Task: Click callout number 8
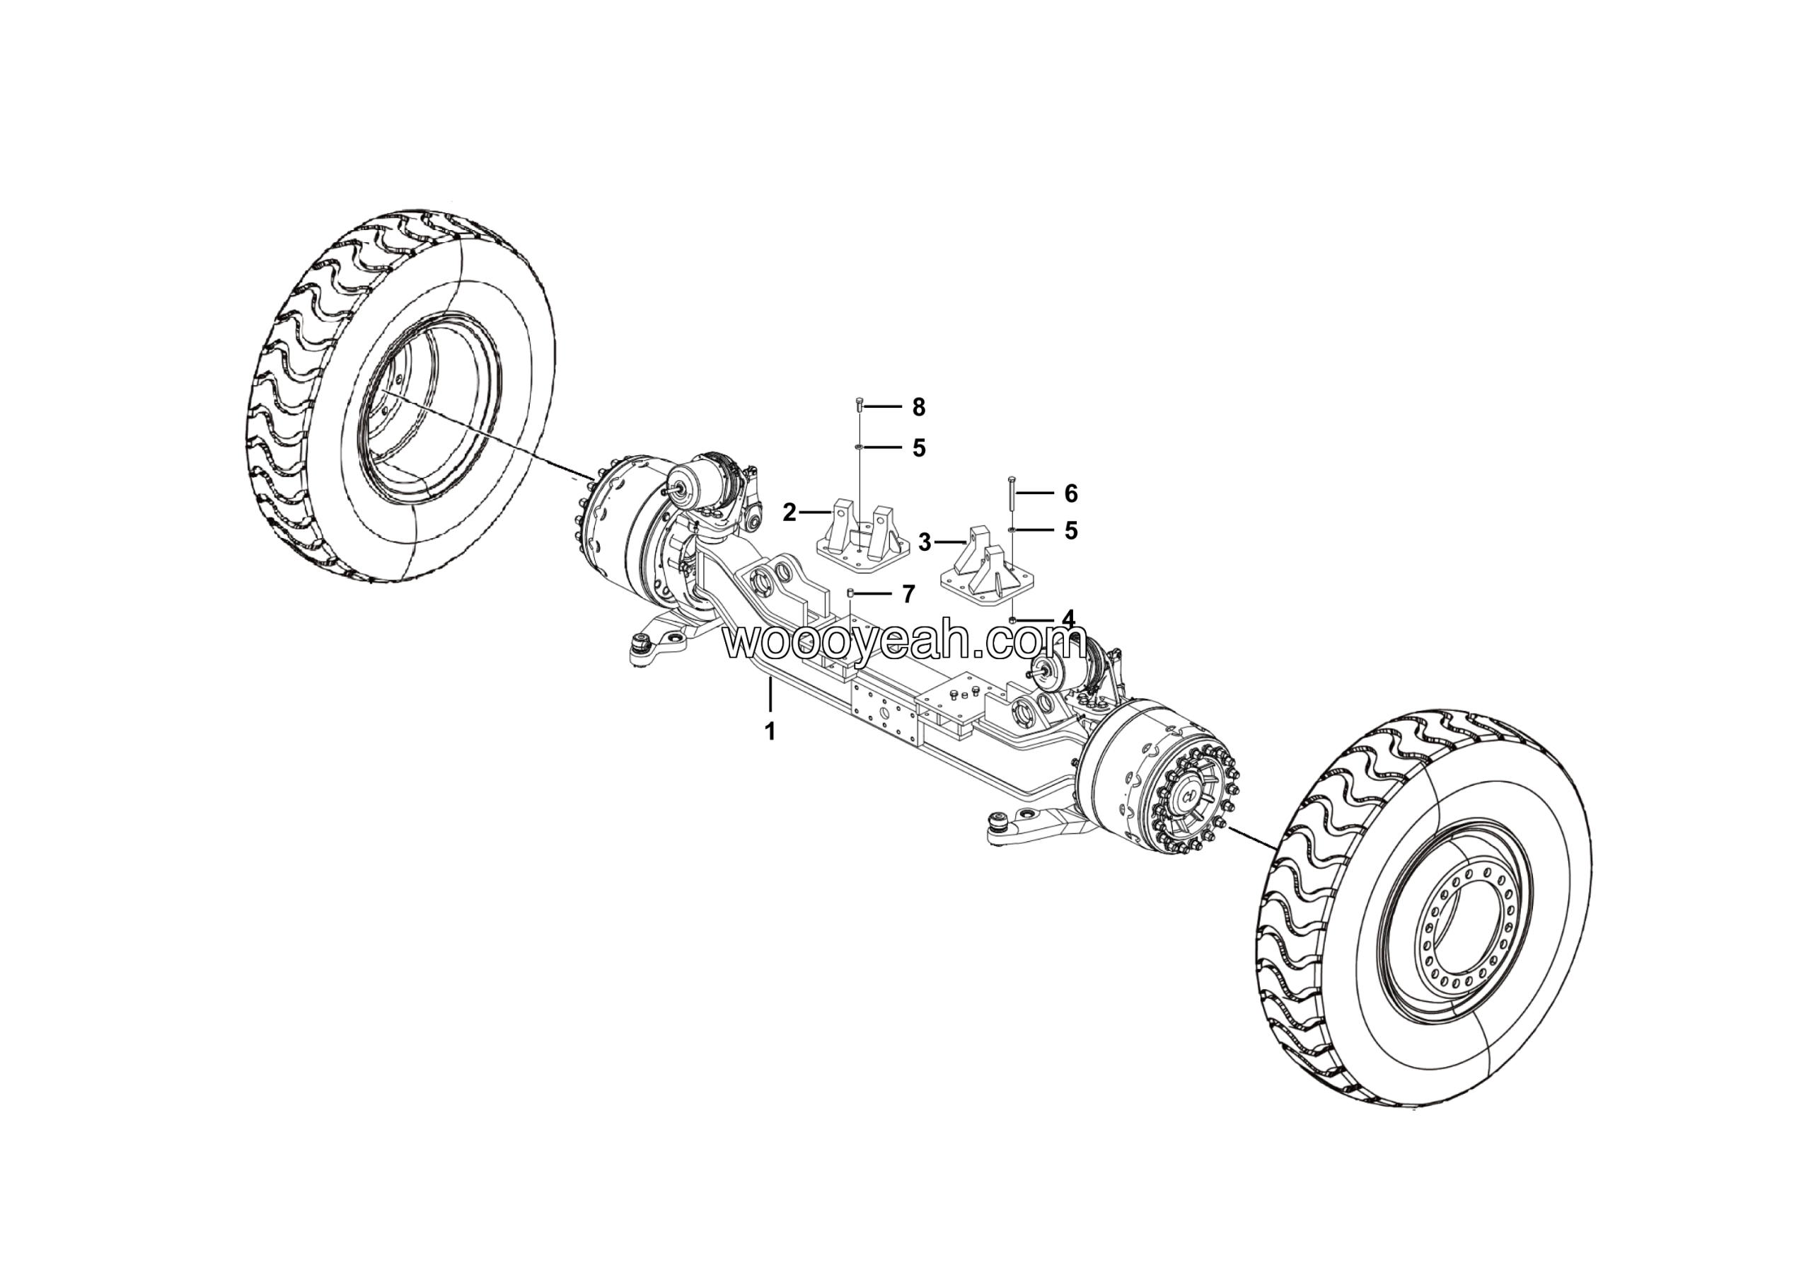[x=918, y=407]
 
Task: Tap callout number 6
[x=1070, y=493]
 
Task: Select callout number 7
[x=908, y=593]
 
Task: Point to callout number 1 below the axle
[x=770, y=731]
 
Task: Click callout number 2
[x=789, y=513]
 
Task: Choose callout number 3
[x=925, y=542]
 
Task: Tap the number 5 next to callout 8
[x=918, y=448]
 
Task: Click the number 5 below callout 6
[x=1070, y=530]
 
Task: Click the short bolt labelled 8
[x=859, y=407]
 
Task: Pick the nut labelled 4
[x=1012, y=621]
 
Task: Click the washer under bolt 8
[x=859, y=447]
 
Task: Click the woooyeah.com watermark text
[x=905, y=641]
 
